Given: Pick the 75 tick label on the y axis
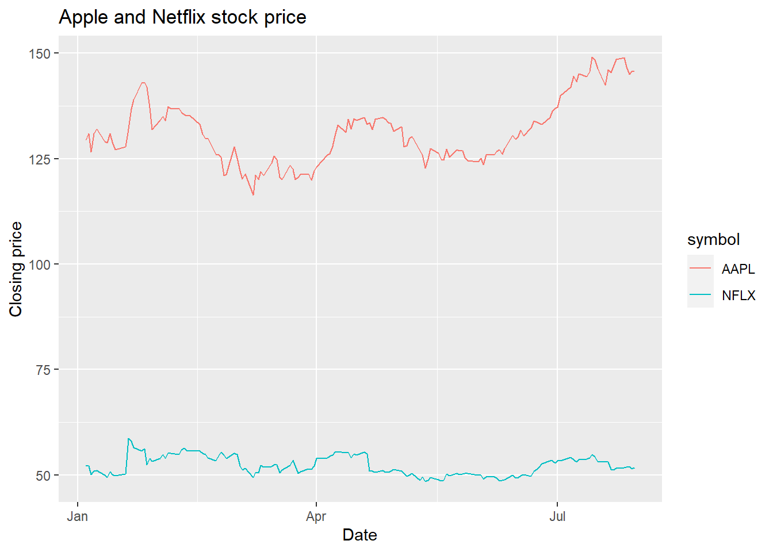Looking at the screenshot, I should (x=43, y=370).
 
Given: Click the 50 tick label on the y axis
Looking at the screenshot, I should (x=43, y=476).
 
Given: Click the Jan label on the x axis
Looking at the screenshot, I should (x=78, y=516).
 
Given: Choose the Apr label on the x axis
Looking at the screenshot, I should (x=316, y=516).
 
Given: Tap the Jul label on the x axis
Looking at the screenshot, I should (x=557, y=516).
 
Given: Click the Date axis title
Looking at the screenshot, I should (x=359, y=535).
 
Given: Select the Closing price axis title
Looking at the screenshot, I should (x=16, y=269).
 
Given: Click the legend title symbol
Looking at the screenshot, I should (x=713, y=240).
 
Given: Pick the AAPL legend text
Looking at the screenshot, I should (x=738, y=269).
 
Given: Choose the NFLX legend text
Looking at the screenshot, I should (x=738, y=296).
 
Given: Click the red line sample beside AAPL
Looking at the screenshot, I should (x=700, y=269).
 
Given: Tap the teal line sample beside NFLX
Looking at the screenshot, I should (x=700, y=295).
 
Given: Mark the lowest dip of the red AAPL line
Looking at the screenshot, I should (x=253, y=195).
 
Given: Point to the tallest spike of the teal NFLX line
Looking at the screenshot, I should (x=128, y=439).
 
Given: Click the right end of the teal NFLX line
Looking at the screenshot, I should (x=634, y=468).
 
